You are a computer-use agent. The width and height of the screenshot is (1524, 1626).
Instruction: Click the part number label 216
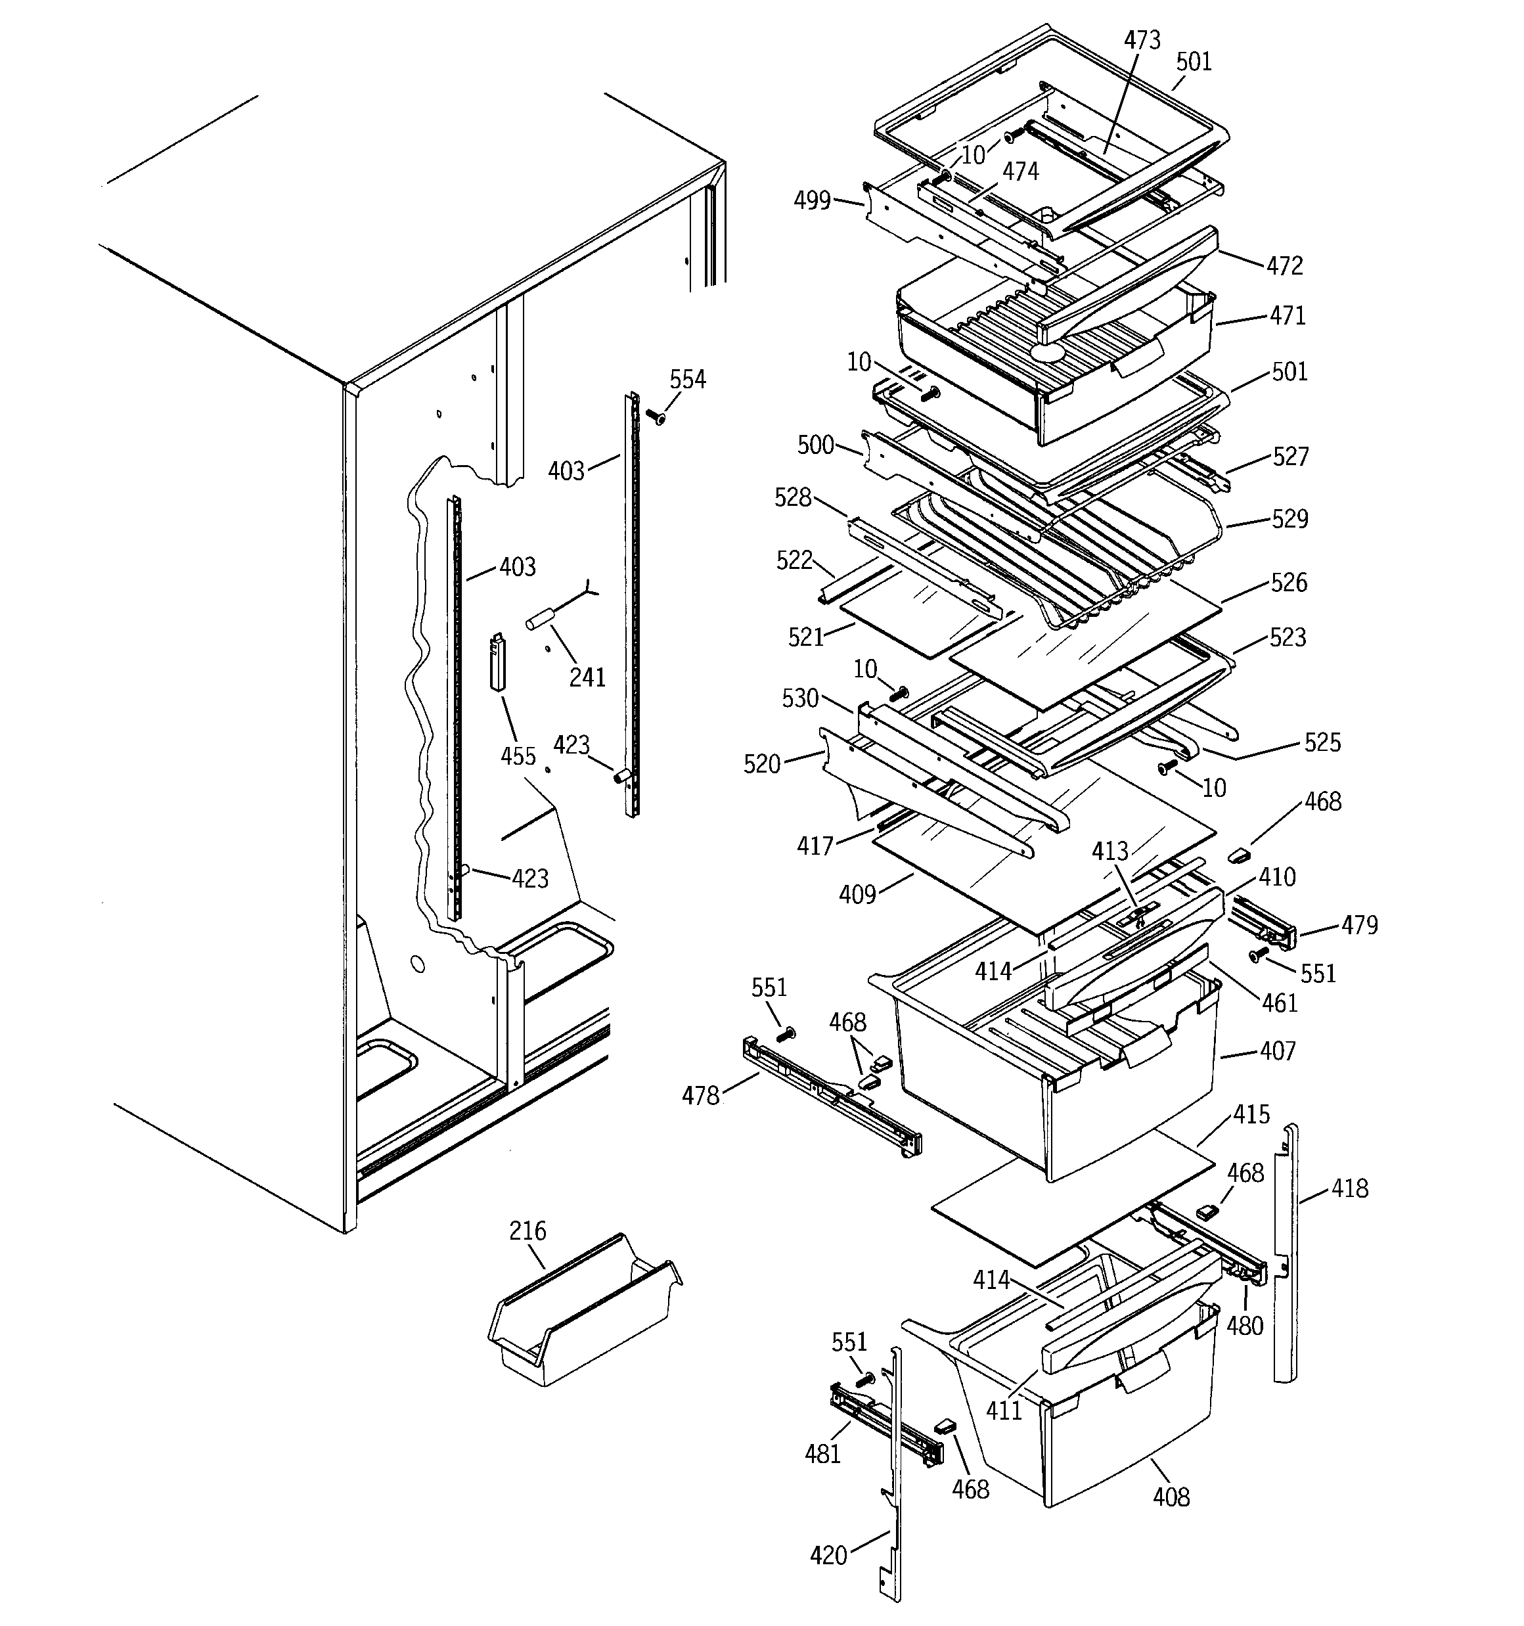(x=527, y=1231)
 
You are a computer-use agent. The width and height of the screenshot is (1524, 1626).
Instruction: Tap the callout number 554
(x=687, y=380)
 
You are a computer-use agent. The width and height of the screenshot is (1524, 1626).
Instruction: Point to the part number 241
(x=587, y=677)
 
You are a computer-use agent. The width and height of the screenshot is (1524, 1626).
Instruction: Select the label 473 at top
(x=1141, y=40)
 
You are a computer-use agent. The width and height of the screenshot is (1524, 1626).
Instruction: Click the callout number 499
(x=813, y=200)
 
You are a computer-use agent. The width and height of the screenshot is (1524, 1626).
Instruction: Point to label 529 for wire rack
(x=1289, y=518)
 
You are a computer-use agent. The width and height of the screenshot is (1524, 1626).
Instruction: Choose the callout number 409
(x=857, y=895)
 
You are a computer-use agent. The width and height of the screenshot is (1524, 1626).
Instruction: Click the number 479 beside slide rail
(x=1358, y=925)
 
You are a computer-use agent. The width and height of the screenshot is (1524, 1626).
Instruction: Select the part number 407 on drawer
(x=1278, y=1050)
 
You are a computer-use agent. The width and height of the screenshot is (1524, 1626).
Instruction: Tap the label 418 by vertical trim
(x=1349, y=1188)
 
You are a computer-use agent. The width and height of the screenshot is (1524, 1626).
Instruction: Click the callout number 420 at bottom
(x=828, y=1555)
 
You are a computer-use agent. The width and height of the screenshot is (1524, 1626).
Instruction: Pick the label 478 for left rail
(x=700, y=1095)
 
